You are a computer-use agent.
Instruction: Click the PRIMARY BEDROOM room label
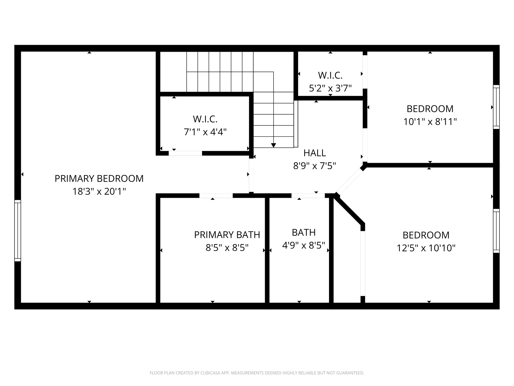[x=99, y=178]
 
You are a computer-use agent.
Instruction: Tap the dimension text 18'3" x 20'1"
[x=99, y=191]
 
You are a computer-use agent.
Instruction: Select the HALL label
[x=315, y=153]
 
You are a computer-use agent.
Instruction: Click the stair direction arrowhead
[x=274, y=145]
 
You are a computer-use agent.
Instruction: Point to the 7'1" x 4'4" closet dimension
[x=205, y=132]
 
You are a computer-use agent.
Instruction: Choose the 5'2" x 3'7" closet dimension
[x=330, y=88]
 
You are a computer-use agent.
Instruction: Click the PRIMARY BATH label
[x=227, y=235]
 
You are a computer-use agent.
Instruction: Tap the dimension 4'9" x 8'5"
[x=304, y=245]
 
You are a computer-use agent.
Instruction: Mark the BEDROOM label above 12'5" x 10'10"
[x=426, y=235]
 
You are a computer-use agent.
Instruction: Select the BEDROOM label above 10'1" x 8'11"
[x=430, y=109]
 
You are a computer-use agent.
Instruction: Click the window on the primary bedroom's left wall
[x=18, y=230]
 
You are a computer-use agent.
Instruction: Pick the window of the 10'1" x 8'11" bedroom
[x=496, y=107]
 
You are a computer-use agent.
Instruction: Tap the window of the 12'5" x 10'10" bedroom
[x=496, y=231]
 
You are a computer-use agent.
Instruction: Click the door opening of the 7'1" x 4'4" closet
[x=185, y=153]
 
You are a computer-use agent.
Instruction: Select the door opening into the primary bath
[x=216, y=196]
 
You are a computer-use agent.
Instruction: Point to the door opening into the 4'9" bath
[x=308, y=196]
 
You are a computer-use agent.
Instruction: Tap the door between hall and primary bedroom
[x=251, y=175]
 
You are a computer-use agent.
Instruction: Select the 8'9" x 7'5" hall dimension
[x=315, y=166]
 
